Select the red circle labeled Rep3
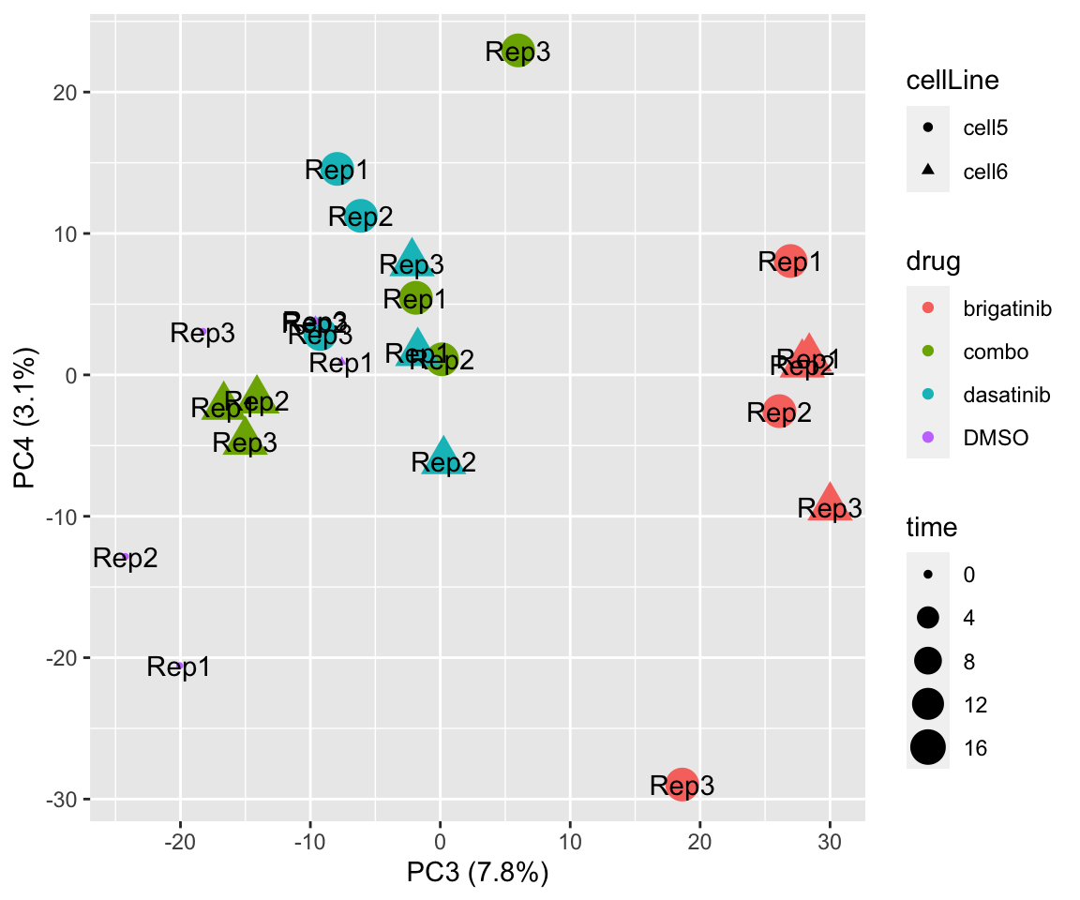coord(682,784)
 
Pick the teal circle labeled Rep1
coord(337,170)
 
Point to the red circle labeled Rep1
coord(791,262)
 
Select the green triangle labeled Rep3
coord(245,438)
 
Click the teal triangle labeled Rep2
coord(443,457)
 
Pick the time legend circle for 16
coord(928,747)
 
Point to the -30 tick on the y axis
coord(63,799)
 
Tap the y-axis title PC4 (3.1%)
coord(26,419)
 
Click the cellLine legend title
coord(952,82)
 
